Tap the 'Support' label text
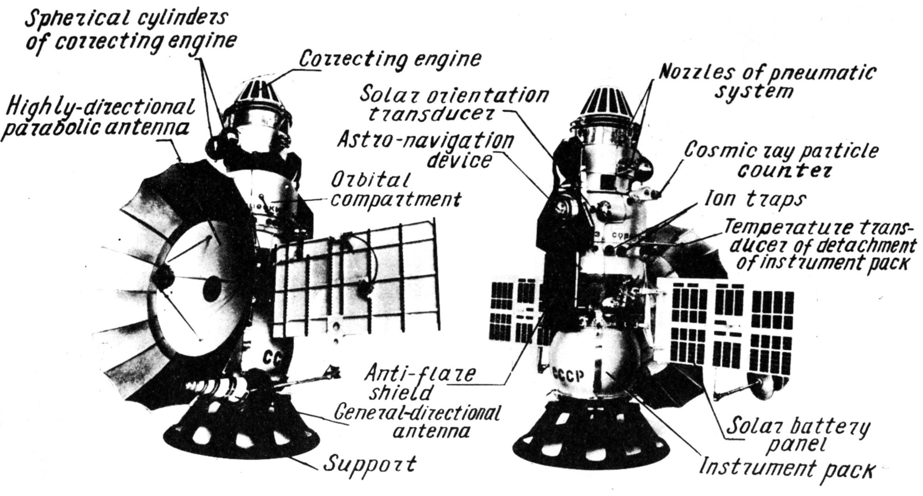(x=369, y=463)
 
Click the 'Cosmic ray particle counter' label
(x=781, y=160)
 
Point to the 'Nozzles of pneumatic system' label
(x=766, y=81)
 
